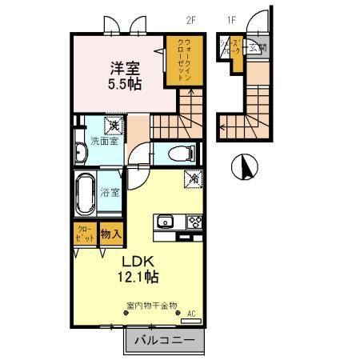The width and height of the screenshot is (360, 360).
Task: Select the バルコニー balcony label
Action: (163, 341)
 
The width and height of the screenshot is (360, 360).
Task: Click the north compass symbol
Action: (244, 166)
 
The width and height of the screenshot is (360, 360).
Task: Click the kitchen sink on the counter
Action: (166, 222)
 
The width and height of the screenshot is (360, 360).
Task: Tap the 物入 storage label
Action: (111, 235)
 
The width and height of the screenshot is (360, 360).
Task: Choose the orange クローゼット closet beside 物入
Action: (82, 237)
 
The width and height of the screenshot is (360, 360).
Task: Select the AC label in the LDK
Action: (190, 313)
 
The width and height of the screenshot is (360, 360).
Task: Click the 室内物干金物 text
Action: (152, 305)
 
